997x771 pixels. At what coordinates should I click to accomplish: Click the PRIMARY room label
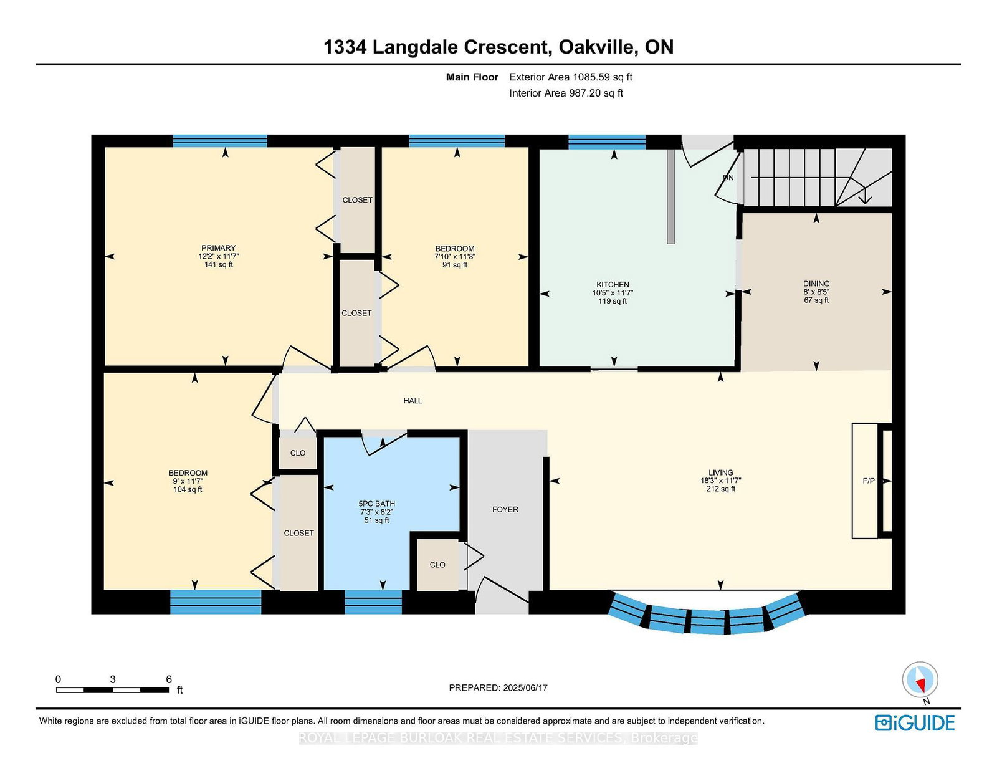[x=218, y=248]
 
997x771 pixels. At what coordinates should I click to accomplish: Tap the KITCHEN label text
[x=613, y=285]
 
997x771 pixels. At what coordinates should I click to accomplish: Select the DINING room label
[x=816, y=284]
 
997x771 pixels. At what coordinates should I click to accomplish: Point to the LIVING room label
[x=721, y=472]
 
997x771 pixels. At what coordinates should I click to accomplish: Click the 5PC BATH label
[x=377, y=504]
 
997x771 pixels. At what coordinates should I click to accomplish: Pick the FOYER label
[x=505, y=509]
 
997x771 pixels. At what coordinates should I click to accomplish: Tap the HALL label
[x=413, y=401]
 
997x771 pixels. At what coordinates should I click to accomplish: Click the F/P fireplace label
[x=869, y=481]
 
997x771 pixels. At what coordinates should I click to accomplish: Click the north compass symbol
[x=920, y=680]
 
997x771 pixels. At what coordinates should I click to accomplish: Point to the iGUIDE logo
[x=915, y=723]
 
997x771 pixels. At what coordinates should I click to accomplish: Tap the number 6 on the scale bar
[x=168, y=679]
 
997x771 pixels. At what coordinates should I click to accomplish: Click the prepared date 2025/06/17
[x=525, y=688]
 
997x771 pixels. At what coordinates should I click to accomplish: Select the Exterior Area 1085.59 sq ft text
[x=571, y=77]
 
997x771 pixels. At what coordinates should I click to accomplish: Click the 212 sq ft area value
[x=721, y=489]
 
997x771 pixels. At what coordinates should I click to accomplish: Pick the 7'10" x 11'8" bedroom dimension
[x=455, y=257]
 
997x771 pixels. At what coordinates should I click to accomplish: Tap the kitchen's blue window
[x=606, y=142]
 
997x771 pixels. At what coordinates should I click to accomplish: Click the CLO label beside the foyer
[x=437, y=565]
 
